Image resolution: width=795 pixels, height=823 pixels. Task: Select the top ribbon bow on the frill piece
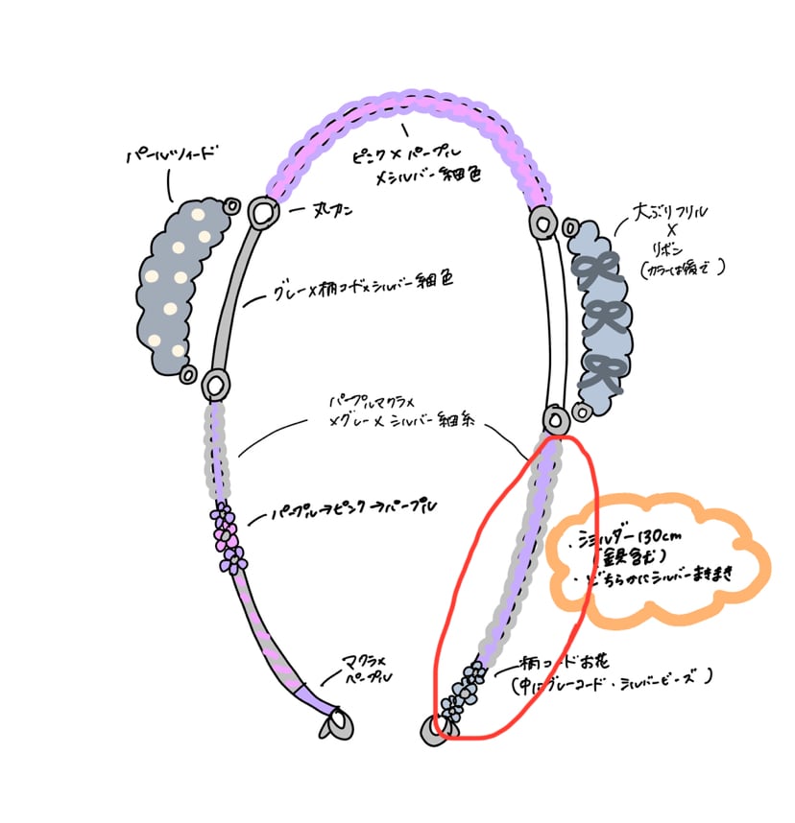[592, 270]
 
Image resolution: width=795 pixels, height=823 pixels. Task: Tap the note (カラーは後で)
[683, 268]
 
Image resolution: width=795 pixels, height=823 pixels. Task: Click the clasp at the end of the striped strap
[338, 724]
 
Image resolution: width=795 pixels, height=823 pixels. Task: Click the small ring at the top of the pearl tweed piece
[232, 205]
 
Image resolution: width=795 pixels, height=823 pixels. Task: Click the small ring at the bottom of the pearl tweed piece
[189, 373]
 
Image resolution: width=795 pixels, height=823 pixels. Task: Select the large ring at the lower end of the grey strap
[217, 386]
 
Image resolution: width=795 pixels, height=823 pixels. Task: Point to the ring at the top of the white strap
[542, 223]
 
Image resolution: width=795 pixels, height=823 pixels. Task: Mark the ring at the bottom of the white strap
[555, 419]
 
